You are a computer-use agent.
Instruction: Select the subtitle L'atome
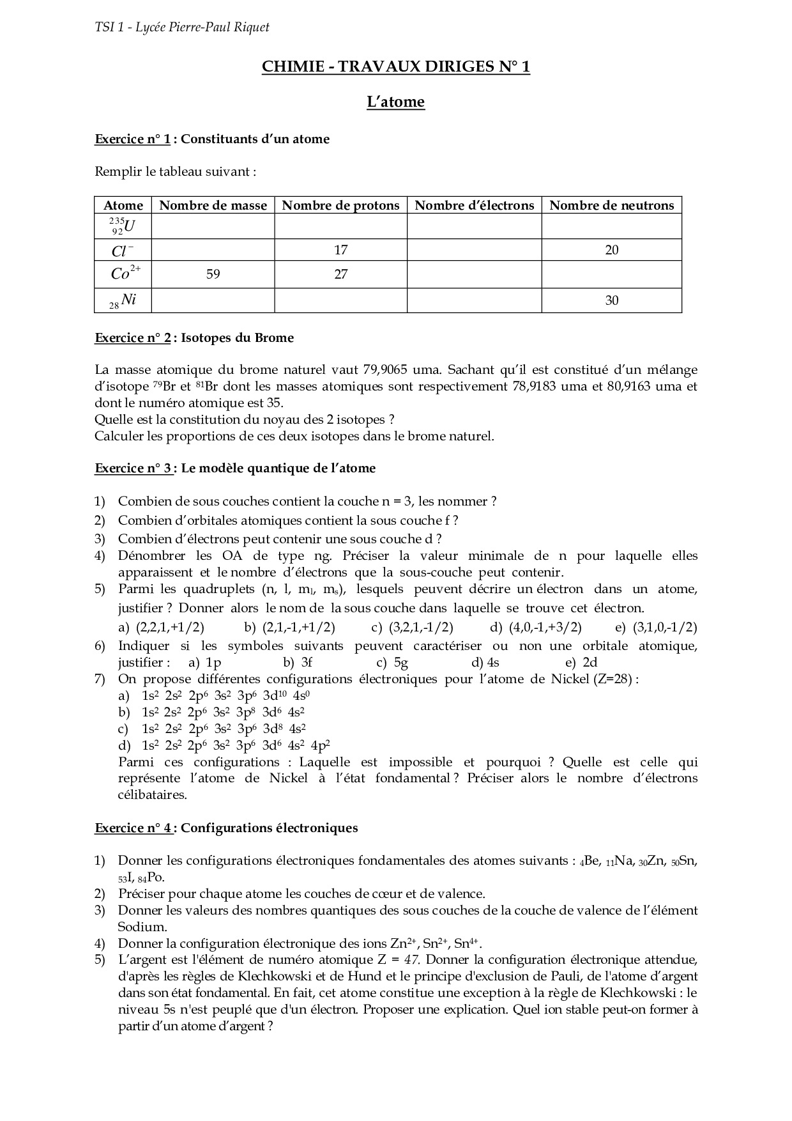395,102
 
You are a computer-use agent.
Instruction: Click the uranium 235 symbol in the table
123,226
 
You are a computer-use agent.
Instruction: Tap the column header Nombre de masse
213,205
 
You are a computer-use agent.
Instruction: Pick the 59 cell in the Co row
213,274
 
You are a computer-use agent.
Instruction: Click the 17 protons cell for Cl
340,250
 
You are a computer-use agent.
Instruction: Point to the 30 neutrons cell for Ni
611,300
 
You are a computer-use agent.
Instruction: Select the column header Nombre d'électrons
474,205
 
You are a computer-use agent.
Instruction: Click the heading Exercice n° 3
133,468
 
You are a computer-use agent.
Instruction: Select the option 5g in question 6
400,663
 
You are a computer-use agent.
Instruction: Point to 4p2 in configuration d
320,745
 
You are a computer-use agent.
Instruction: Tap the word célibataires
144,795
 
